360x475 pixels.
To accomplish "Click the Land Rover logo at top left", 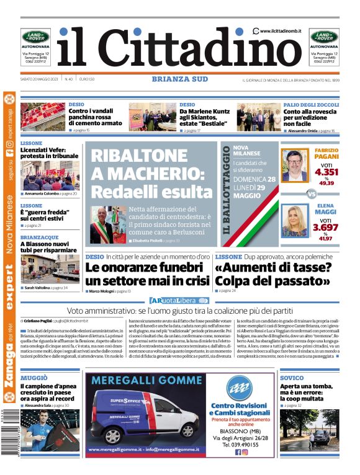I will pos(35,37).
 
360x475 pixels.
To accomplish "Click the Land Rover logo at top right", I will pos(324,37).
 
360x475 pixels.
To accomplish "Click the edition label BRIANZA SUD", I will pos(180,79).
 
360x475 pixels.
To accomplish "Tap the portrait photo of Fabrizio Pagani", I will pos(295,164).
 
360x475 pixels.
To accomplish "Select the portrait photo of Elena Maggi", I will pos(295,221).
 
